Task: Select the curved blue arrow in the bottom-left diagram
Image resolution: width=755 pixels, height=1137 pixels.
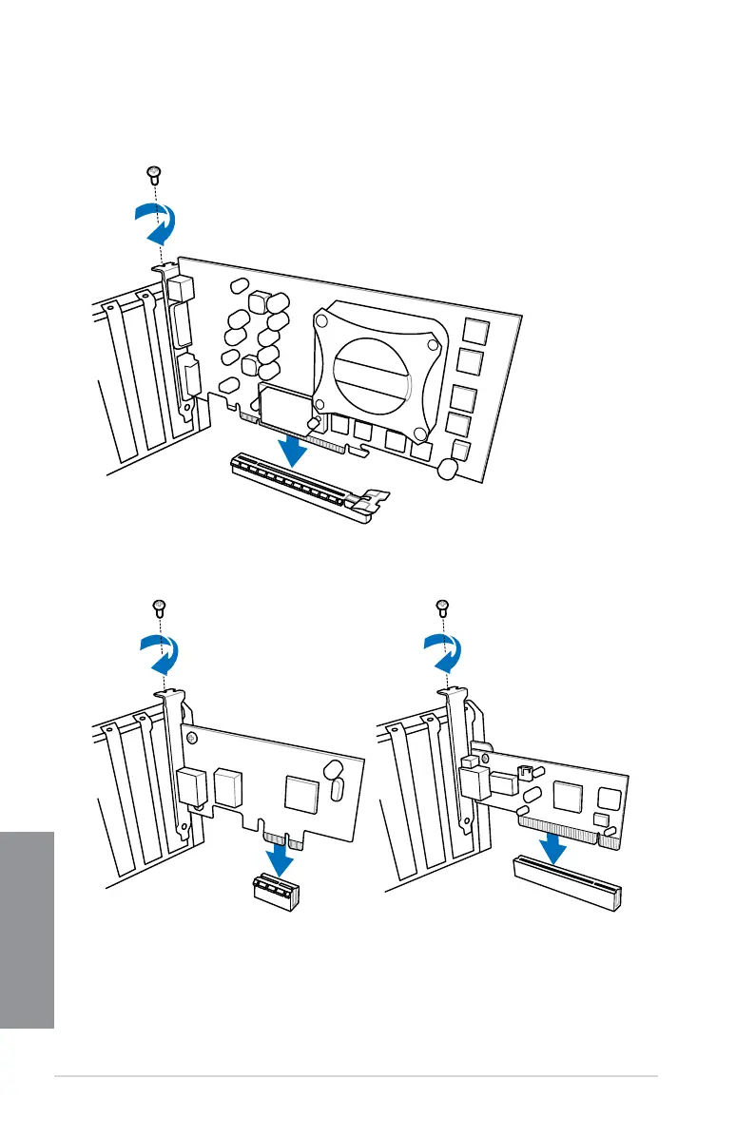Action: (x=160, y=657)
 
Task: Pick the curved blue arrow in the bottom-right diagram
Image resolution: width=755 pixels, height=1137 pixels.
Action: (x=443, y=657)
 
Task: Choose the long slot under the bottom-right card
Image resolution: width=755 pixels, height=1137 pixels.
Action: (x=567, y=880)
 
